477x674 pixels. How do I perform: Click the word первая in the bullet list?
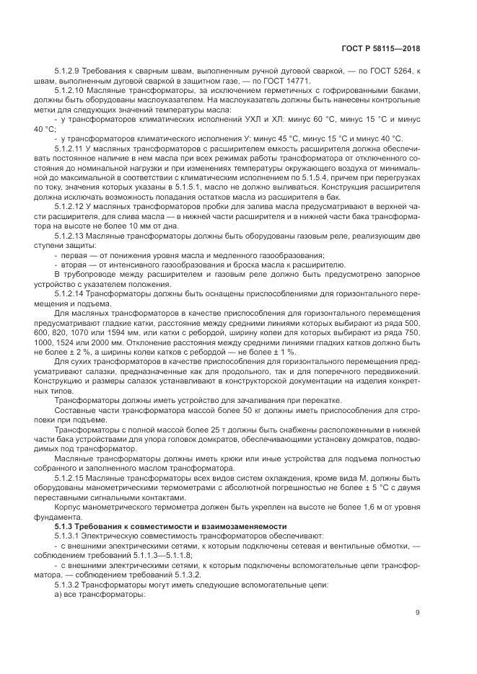[x=74, y=255]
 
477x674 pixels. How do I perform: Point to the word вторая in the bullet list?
[x=74, y=265]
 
